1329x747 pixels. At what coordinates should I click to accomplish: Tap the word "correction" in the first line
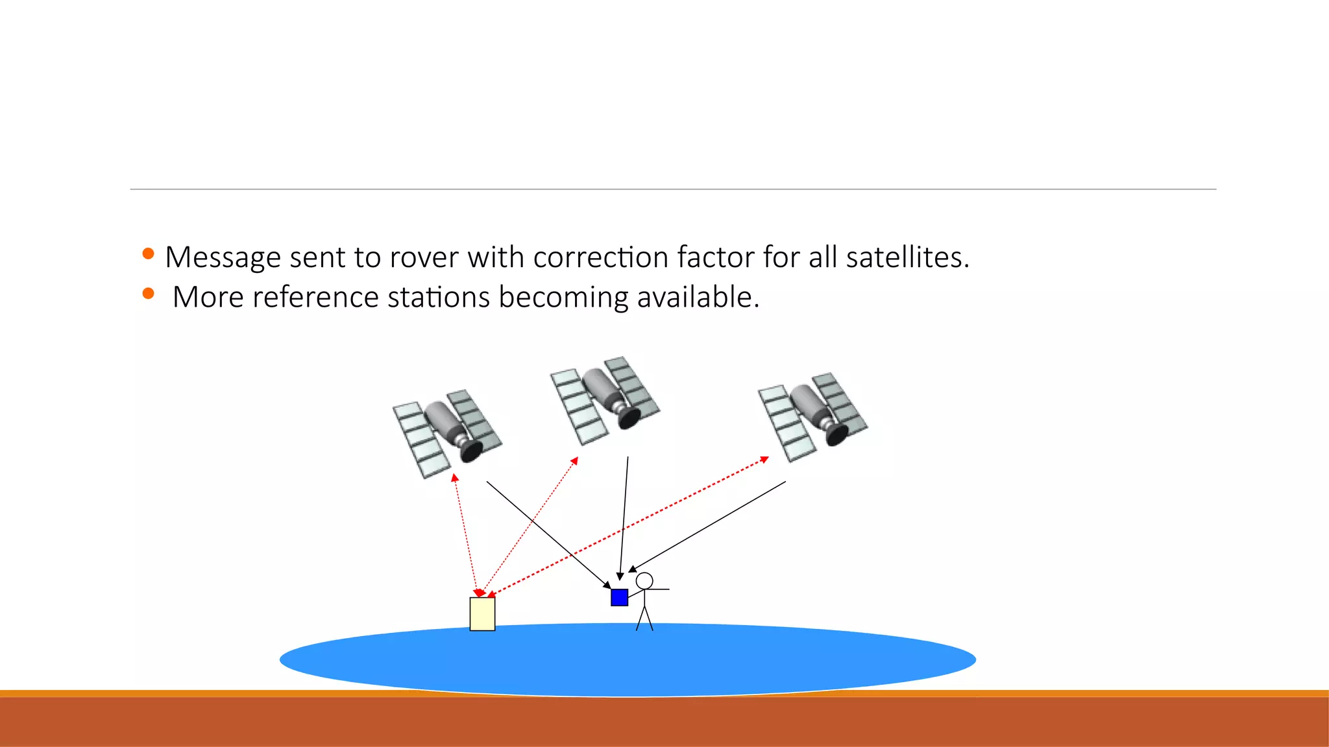click(x=601, y=258)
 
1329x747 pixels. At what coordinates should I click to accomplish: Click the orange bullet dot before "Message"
click(x=148, y=254)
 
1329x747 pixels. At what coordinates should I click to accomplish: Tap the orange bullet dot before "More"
click(x=148, y=294)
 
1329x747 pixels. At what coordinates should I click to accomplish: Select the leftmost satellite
click(x=446, y=433)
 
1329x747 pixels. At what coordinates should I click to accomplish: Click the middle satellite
click(x=605, y=399)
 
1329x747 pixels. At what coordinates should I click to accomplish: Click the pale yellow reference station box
click(x=482, y=614)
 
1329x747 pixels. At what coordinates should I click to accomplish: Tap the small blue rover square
click(x=619, y=597)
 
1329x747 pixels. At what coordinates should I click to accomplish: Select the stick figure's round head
click(x=644, y=580)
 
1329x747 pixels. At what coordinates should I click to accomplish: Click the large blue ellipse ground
click(x=628, y=660)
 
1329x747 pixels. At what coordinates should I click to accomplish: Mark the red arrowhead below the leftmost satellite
click(x=455, y=477)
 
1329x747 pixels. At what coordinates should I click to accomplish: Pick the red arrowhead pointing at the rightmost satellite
click(x=764, y=459)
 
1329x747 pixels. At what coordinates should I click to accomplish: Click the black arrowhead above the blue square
click(x=620, y=576)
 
